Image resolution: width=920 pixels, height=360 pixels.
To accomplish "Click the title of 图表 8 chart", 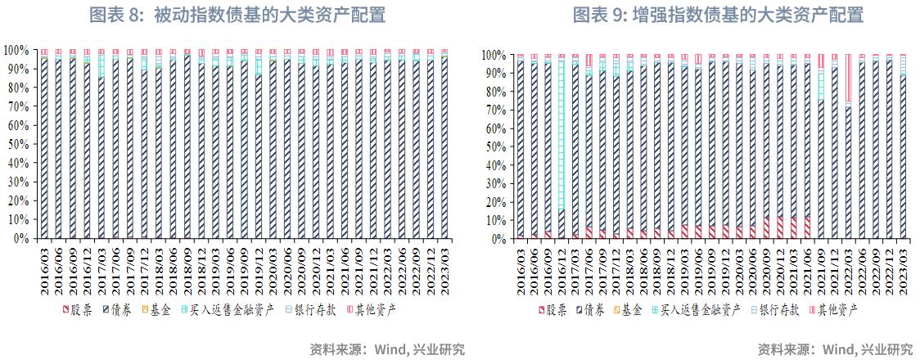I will tap(237, 15).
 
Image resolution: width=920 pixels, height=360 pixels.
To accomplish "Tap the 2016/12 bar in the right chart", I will tap(561, 147).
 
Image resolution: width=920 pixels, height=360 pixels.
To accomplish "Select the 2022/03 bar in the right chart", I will tap(848, 147).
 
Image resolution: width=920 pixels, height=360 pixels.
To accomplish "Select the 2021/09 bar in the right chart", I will tap(820, 147).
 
